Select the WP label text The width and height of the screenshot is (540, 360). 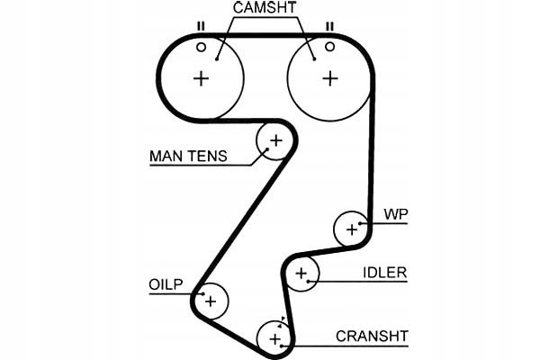click(x=396, y=215)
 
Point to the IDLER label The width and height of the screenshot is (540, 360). click(x=384, y=272)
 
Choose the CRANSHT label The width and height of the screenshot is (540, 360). click(x=371, y=337)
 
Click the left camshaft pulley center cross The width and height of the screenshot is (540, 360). click(x=201, y=77)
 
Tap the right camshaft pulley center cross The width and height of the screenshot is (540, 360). click(x=330, y=77)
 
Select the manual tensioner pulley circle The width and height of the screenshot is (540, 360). click(x=274, y=140)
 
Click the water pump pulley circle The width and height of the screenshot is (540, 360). click(x=350, y=229)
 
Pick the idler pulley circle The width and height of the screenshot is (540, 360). click(x=302, y=274)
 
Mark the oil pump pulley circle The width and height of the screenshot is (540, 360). click(x=211, y=301)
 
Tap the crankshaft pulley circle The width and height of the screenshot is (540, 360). click(x=274, y=338)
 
